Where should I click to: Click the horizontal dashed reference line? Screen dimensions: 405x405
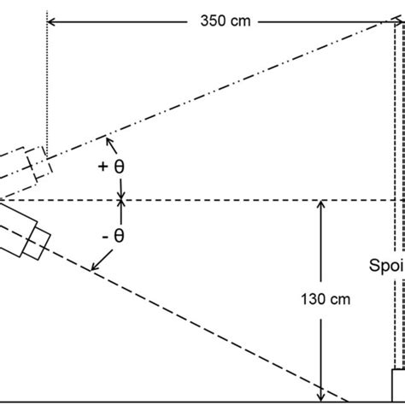214,201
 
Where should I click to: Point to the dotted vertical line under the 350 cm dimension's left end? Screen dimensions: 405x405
47,85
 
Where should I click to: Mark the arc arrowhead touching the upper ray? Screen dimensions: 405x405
106,138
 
